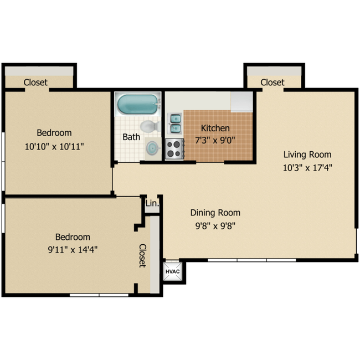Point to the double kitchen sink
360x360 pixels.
174,124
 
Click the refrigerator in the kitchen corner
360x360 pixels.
242,101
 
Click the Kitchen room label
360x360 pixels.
215,128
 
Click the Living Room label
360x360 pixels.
307,155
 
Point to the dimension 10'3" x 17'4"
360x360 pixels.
307,167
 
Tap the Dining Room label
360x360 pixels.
215,213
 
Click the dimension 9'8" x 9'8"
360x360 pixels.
215,225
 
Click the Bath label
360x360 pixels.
131,137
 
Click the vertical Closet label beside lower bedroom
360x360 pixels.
142,255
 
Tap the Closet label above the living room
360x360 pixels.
272,82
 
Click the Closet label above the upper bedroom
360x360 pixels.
35,82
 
